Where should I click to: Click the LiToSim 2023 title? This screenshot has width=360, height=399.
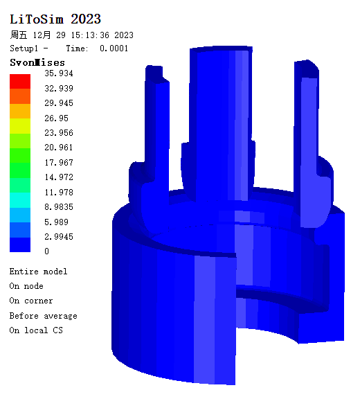(x=55, y=19)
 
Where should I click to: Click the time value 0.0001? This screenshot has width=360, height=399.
(x=114, y=48)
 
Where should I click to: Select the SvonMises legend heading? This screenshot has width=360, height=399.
(x=37, y=62)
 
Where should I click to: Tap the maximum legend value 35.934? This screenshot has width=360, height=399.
(x=59, y=73)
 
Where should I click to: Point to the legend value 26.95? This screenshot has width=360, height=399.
(x=57, y=118)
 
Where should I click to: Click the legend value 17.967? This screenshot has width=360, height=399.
(x=59, y=162)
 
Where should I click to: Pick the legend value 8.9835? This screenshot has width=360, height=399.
(x=59, y=206)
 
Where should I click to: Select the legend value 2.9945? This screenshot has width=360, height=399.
(x=59, y=237)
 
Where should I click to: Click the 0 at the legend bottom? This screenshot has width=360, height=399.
(x=46, y=251)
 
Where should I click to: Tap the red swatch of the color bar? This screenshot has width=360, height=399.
(x=20, y=82)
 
